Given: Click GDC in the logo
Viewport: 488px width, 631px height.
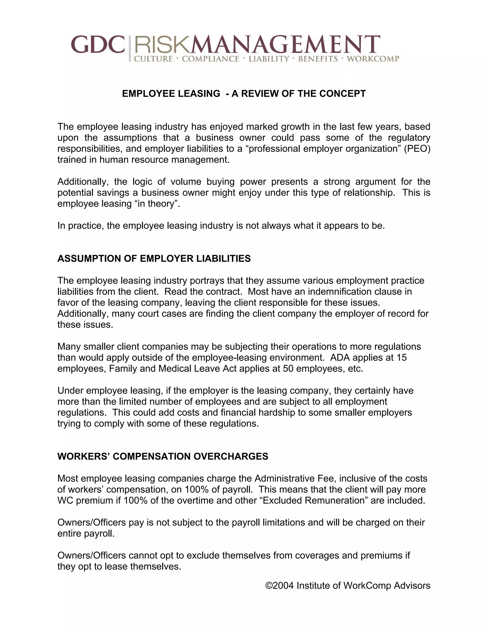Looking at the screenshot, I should [x=98, y=45].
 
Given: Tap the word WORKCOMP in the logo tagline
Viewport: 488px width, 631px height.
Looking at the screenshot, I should [x=373, y=59].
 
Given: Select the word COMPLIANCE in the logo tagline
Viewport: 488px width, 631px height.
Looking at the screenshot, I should [x=210, y=59].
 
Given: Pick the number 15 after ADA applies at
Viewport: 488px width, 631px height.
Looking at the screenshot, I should [x=402, y=358].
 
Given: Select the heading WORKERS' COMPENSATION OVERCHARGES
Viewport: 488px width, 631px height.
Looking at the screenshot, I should [x=163, y=456].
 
